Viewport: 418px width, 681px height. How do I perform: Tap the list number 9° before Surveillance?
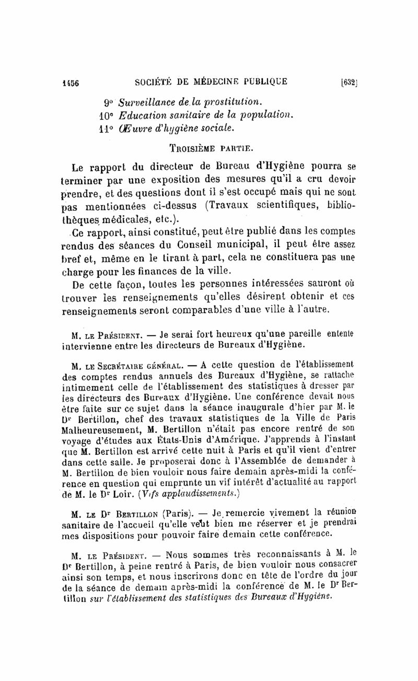(x=109, y=100)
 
